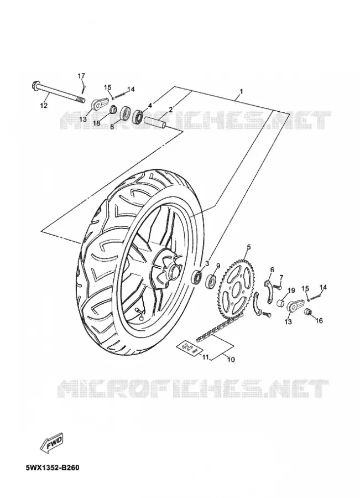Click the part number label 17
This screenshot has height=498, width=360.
pos(82,76)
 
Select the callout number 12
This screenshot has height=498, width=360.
pos(44,105)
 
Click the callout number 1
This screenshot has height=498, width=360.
pos(241,91)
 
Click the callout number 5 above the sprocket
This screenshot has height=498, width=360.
pos(249,247)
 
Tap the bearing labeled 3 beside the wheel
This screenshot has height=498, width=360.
pos(197,276)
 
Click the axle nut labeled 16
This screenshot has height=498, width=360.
pos(307,312)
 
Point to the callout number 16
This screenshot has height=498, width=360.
pos(319,321)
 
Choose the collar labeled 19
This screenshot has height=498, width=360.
pos(280,303)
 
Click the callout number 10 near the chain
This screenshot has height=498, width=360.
pos(231,360)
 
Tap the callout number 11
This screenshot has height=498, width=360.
pos(205,357)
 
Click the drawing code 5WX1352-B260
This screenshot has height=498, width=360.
pos(53,468)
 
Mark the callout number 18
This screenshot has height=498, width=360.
pos(97,123)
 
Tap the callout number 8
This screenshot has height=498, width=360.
pos(112,127)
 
